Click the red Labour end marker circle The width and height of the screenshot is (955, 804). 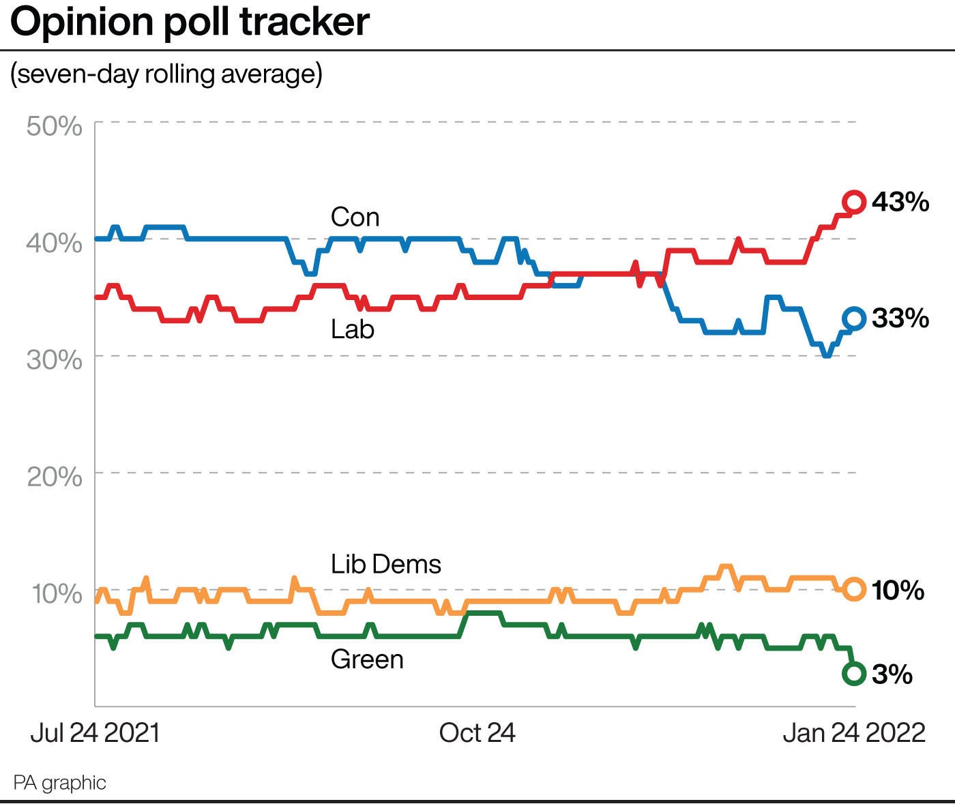click(854, 202)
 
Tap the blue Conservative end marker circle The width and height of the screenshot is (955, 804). click(854, 318)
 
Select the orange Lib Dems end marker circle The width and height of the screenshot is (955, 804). click(854, 589)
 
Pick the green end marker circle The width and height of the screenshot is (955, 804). click(854, 674)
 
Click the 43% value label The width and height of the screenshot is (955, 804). click(900, 202)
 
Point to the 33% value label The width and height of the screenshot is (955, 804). click(900, 318)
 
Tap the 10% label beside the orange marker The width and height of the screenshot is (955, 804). click(898, 590)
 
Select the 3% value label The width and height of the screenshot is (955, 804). click(892, 674)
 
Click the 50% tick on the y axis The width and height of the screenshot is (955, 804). click(55, 126)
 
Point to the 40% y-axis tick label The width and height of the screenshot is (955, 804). click(55, 243)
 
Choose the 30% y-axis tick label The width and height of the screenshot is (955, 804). click(55, 359)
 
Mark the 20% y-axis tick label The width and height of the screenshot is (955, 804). click(55, 476)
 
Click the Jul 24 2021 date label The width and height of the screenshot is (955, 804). click(95, 733)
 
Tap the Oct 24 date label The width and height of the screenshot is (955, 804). click(477, 733)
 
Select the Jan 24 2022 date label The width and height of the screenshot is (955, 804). click(854, 733)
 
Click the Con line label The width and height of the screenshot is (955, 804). click(355, 218)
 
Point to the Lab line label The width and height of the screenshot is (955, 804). click(353, 329)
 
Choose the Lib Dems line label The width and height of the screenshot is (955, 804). click(386, 565)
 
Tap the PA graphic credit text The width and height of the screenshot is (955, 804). click(60, 782)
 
